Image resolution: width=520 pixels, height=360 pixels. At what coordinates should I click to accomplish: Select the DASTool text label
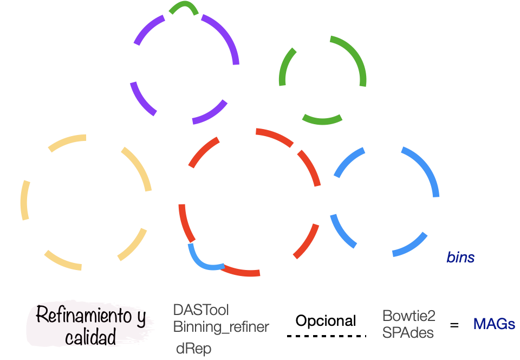pos(201,310)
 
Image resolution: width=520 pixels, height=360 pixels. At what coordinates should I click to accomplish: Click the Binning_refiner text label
pos(221,327)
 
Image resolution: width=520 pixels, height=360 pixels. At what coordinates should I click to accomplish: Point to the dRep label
pos(193,349)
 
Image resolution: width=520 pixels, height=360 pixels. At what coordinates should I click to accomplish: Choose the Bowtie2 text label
pos(409,316)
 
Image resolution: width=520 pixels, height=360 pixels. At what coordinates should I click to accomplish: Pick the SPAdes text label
pos(408,333)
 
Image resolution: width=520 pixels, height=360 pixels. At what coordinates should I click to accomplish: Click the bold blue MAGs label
pos(494,324)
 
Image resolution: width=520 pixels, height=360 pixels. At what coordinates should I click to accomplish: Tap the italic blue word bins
pos(460,258)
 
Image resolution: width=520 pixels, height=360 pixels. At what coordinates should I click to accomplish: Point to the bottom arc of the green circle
pos(322,120)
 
